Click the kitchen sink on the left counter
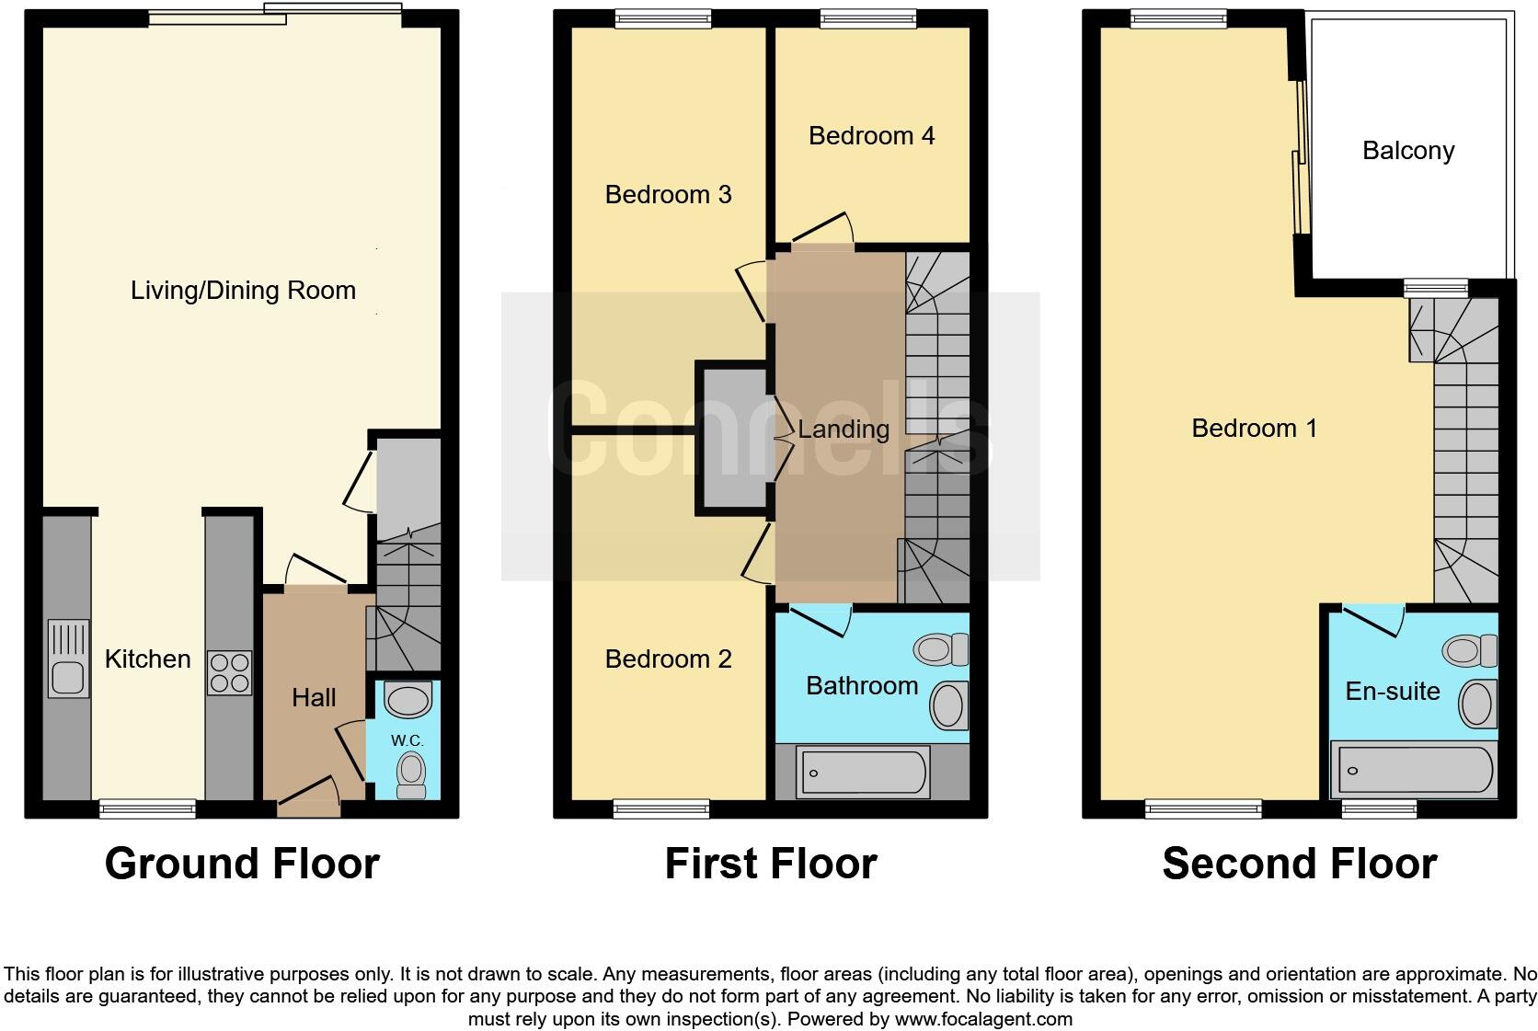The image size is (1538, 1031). (x=68, y=659)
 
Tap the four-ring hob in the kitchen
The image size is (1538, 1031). (x=229, y=672)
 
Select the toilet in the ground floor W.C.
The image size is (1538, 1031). (x=411, y=773)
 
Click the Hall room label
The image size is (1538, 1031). (x=314, y=698)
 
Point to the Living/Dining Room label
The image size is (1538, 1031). (x=243, y=291)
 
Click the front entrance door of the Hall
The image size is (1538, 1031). (x=309, y=796)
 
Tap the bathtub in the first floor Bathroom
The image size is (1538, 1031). (x=864, y=772)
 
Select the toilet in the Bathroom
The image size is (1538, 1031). (x=940, y=649)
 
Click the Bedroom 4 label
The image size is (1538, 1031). (x=871, y=136)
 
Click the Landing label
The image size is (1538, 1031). (x=843, y=430)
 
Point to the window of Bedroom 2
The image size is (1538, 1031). (x=661, y=808)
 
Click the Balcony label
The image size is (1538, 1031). (x=1407, y=151)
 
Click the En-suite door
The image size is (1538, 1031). (x=1372, y=620)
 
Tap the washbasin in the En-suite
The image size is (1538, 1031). (x=1478, y=704)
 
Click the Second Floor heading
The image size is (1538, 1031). (x=1299, y=864)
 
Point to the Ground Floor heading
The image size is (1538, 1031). (x=242, y=864)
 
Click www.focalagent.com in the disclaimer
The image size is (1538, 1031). (x=982, y=1019)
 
